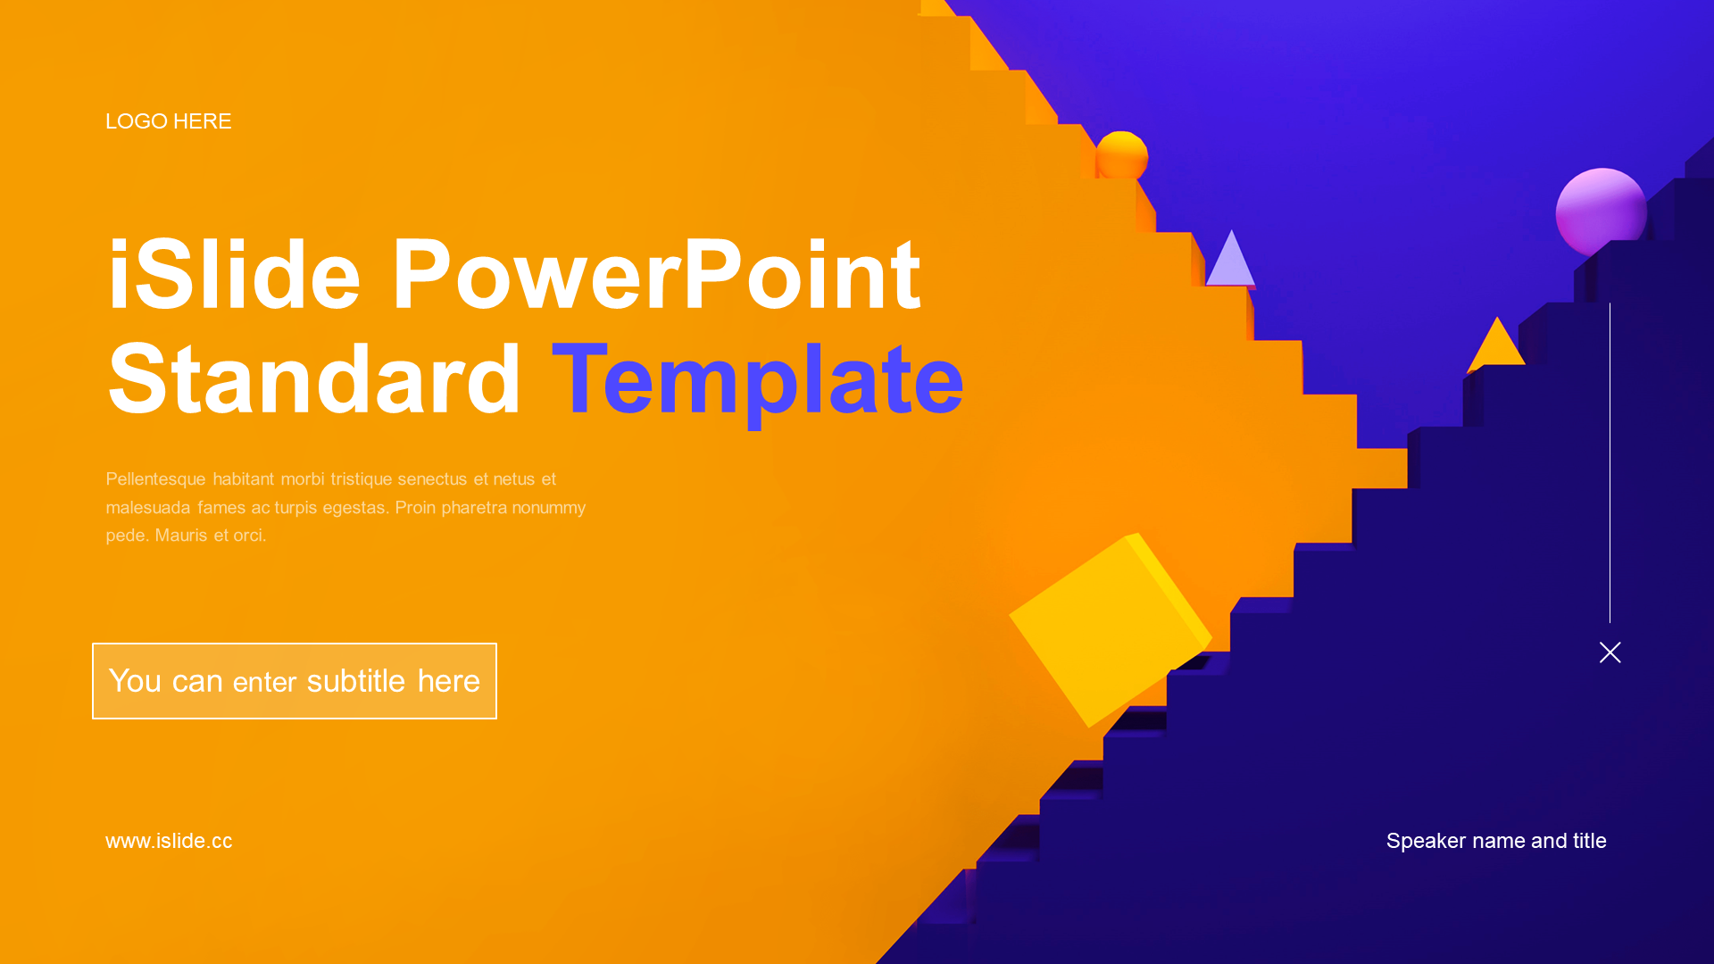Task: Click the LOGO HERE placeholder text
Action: (x=169, y=121)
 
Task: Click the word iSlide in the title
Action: (x=234, y=275)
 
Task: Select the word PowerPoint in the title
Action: (x=656, y=275)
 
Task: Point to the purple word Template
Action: (x=758, y=382)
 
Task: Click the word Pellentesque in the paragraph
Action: (x=155, y=479)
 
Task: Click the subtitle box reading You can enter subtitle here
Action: (x=295, y=681)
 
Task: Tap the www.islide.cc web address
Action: (x=169, y=841)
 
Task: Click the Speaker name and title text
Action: (x=1496, y=841)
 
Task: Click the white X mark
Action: (x=1610, y=652)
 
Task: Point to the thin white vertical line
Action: (x=1610, y=462)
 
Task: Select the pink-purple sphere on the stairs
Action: (x=1602, y=212)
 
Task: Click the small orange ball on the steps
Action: (x=1121, y=155)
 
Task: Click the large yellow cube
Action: (x=1110, y=629)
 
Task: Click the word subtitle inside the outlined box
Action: (x=356, y=681)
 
